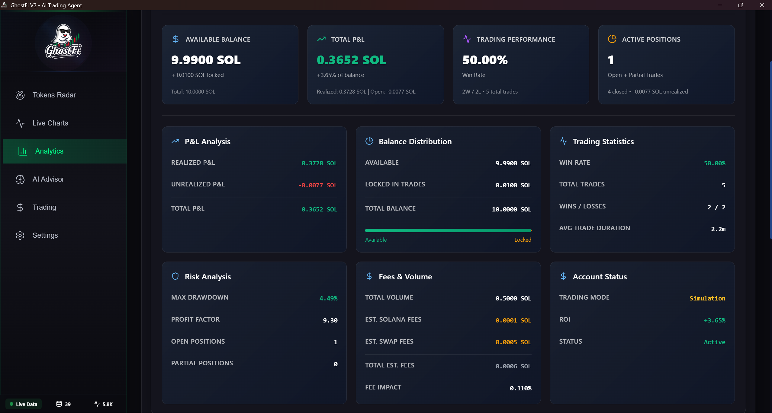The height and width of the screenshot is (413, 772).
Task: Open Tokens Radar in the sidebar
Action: [x=54, y=95]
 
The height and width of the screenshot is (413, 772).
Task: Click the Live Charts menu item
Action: [x=50, y=123]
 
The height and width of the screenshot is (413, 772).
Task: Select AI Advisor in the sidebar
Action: [x=48, y=179]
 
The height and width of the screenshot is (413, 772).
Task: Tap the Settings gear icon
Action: [x=20, y=235]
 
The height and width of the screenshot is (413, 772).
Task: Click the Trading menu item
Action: [x=44, y=207]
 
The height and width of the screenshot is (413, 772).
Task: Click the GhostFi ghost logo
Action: [x=63, y=42]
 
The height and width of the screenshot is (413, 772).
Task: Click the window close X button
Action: [x=762, y=5]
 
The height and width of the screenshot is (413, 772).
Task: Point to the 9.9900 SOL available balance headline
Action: [x=206, y=60]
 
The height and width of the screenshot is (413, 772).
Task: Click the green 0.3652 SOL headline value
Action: [x=351, y=60]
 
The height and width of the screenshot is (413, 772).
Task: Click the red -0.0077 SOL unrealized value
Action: [x=317, y=185]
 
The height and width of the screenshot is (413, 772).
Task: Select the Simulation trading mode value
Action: [x=707, y=298]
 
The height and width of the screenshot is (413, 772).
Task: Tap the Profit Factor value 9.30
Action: [x=330, y=320]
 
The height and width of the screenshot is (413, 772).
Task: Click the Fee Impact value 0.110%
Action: [x=520, y=388]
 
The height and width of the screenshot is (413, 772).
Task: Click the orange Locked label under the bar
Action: [x=523, y=240]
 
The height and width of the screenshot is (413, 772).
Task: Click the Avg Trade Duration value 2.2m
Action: [x=718, y=229]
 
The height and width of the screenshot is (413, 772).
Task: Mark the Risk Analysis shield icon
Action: [x=175, y=276]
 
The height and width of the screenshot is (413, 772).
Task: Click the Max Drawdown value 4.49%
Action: [x=328, y=298]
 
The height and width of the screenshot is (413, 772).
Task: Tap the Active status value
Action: [x=714, y=342]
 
